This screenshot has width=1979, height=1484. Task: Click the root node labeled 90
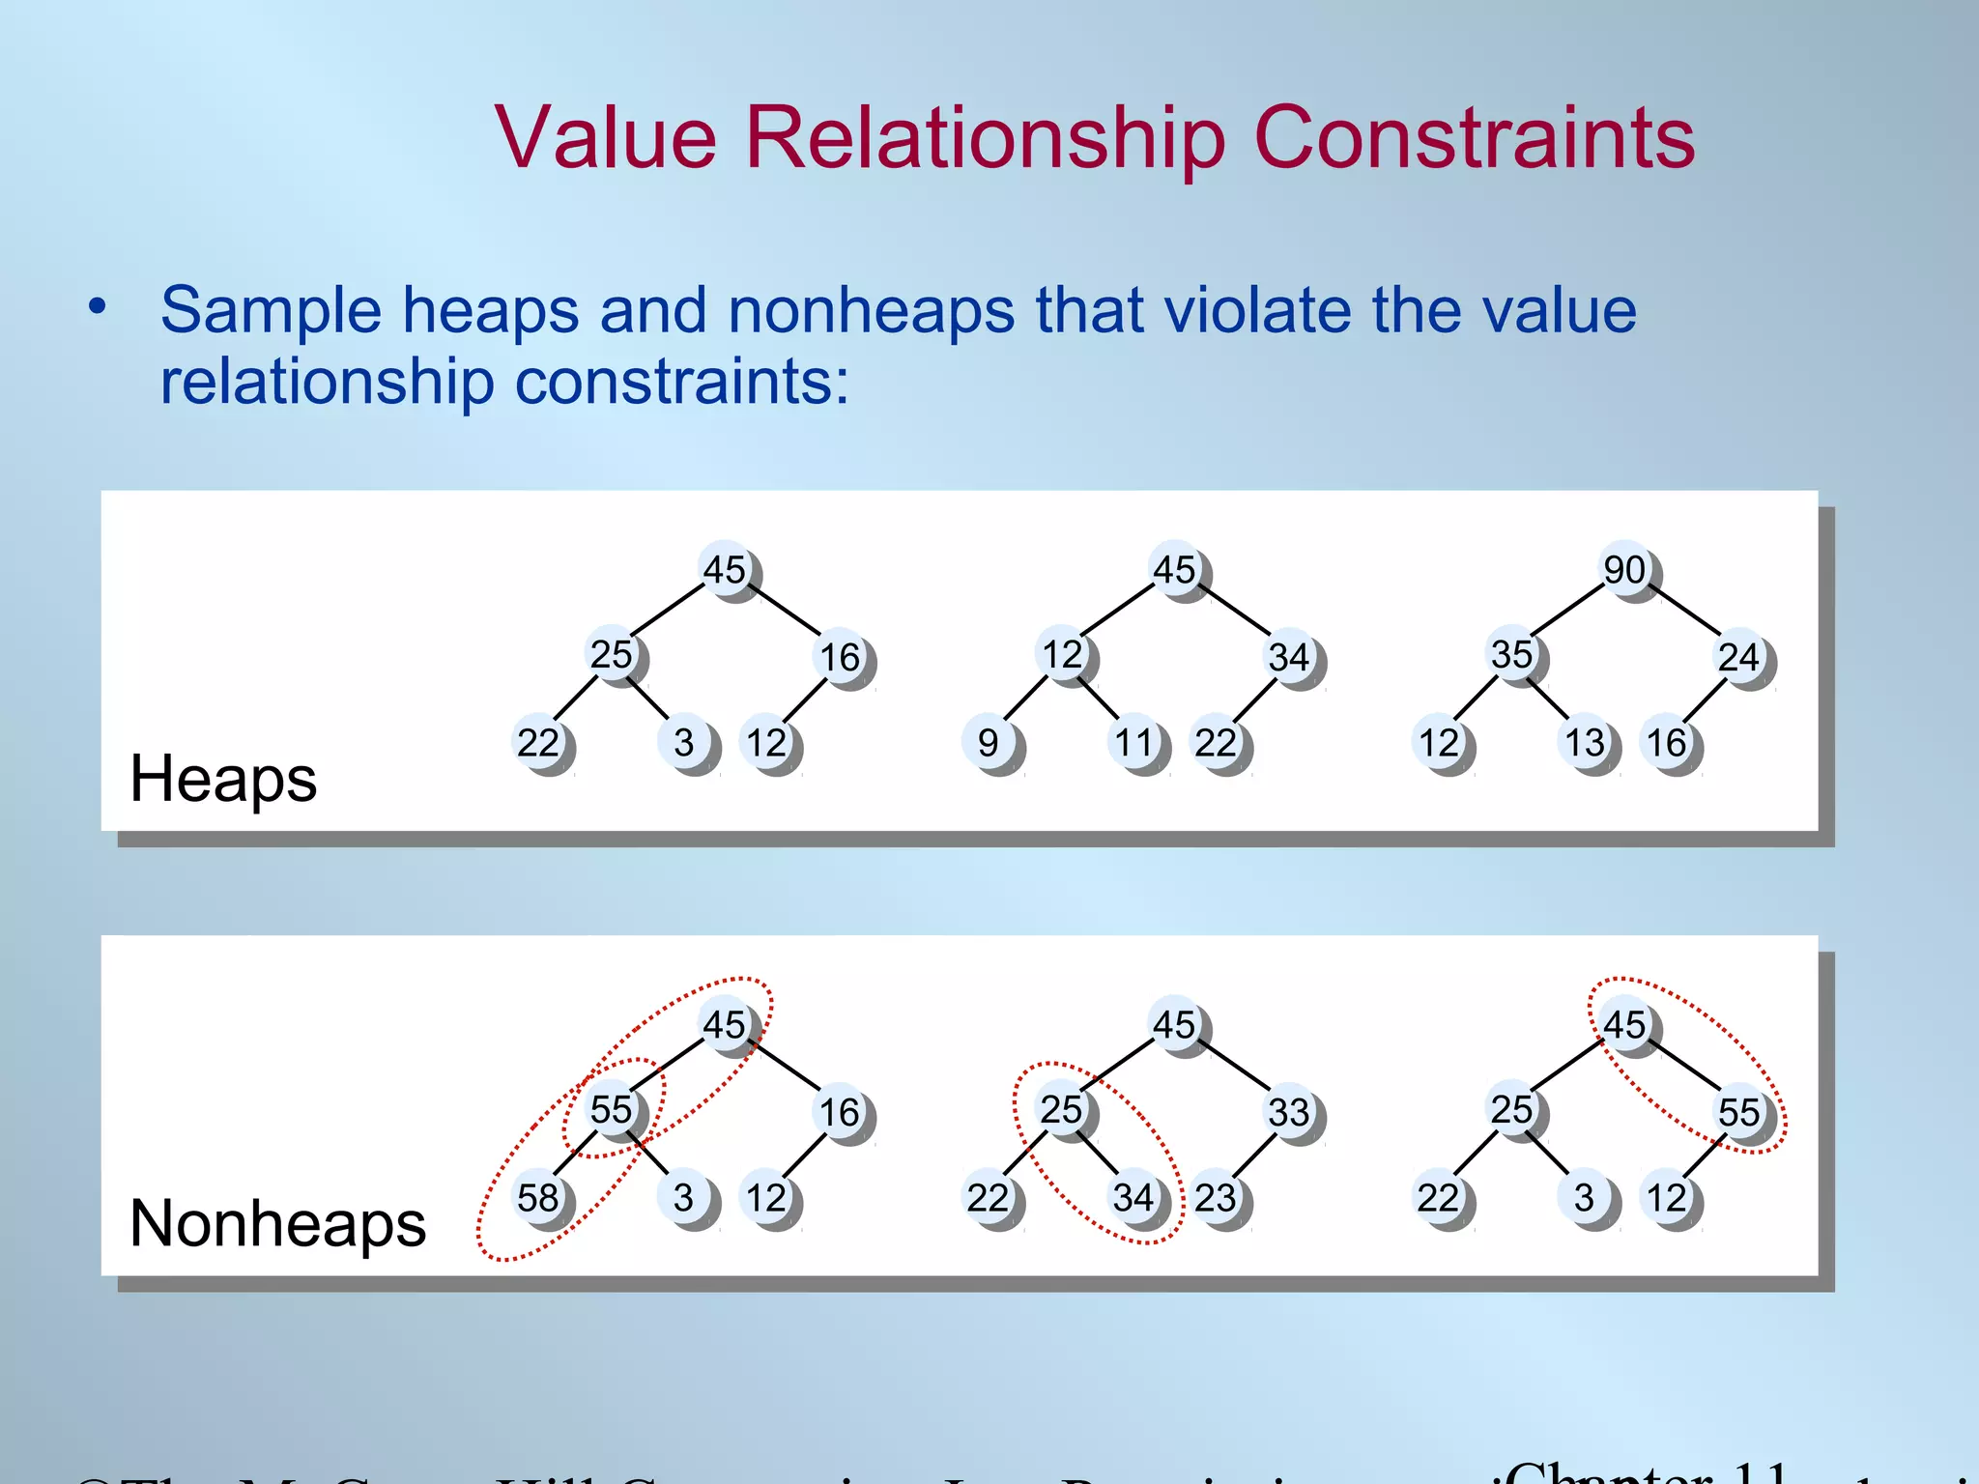point(1625,570)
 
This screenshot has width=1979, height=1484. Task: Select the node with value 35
point(1512,655)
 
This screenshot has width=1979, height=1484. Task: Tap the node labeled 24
point(1739,657)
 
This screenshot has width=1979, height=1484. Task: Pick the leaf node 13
point(1585,743)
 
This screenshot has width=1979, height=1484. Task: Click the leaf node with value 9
point(988,743)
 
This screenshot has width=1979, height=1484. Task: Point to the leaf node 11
point(1134,743)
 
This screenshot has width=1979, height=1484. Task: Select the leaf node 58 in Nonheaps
point(538,1198)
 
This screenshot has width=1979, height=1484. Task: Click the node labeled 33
point(1289,1112)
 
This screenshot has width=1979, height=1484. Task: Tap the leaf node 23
point(1216,1198)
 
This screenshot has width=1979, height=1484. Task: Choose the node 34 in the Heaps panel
point(1289,657)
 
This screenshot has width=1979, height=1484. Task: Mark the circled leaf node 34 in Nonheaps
point(1134,1198)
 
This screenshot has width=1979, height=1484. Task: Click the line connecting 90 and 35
point(1567,611)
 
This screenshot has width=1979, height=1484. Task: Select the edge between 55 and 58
point(575,1154)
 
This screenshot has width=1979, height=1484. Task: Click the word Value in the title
point(606,137)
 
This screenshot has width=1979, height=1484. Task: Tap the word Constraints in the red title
point(1474,137)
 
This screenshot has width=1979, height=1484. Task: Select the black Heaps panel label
point(223,779)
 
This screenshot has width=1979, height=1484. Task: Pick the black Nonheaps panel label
point(277,1224)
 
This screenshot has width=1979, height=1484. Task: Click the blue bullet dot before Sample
point(97,307)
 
